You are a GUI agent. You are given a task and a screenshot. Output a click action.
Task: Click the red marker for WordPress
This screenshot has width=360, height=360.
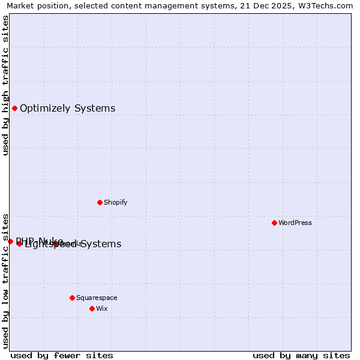274,223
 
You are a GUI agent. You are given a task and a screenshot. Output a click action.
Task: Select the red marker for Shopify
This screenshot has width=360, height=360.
100,202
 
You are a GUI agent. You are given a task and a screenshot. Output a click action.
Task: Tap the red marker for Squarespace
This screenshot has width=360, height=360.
72,298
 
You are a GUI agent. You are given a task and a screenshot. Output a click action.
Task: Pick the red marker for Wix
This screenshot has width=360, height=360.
92,308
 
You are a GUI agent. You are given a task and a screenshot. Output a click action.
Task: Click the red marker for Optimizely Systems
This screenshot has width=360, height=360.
14,109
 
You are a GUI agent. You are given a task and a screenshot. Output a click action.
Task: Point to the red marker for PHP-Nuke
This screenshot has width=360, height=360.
10,241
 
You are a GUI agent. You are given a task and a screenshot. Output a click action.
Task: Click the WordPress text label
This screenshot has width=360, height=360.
295,223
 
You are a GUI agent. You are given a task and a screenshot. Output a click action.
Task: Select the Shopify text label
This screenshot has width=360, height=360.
115,202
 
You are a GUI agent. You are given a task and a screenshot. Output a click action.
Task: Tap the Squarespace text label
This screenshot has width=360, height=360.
97,298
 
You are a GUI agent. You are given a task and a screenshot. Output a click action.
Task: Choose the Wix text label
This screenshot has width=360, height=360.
101,308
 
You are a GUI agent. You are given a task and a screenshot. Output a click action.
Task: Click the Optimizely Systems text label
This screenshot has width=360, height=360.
67,109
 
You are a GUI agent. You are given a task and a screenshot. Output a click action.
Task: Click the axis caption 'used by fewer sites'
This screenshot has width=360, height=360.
62,355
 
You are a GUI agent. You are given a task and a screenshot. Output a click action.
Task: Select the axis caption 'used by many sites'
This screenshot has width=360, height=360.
301,355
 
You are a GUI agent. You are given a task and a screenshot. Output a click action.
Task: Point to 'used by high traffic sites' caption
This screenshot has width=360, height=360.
5,85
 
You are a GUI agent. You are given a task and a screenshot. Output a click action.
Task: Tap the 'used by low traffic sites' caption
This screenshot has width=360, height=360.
5,281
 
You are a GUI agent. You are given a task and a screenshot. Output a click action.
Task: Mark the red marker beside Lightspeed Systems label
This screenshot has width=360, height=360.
19,244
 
